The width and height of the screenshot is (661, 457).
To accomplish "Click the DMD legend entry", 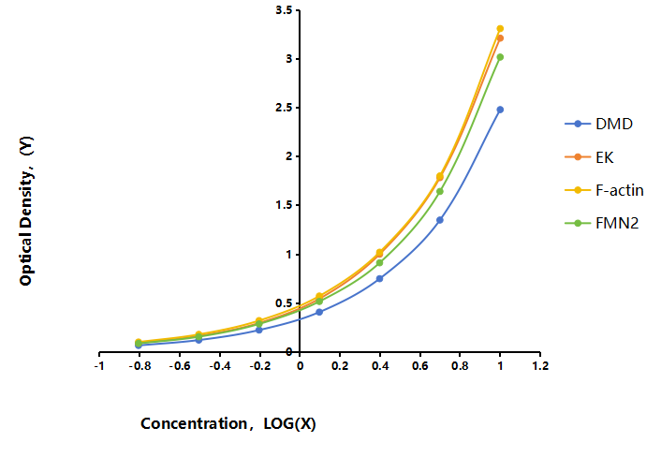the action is (x=599, y=124).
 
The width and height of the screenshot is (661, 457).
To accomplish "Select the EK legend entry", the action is (x=589, y=157).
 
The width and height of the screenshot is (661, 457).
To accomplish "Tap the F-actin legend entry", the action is (x=604, y=190).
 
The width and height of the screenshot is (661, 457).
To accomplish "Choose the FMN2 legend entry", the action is (x=602, y=223).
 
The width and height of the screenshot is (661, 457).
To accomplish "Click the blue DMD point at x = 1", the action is (x=500, y=110).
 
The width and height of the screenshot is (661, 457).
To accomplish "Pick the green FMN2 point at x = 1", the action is (x=500, y=57).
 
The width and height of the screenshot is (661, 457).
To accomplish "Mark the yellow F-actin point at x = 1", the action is (x=500, y=29).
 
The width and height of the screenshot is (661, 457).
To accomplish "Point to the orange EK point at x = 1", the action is (x=500, y=38).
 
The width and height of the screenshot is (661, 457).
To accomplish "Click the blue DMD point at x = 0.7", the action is (x=440, y=220).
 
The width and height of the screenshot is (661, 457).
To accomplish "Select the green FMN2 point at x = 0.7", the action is (x=440, y=191).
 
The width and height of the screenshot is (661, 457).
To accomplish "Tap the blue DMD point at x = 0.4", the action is (x=379, y=279).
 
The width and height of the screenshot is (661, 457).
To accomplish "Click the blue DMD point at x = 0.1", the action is (x=319, y=313).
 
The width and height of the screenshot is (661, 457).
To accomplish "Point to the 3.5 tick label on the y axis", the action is (x=284, y=10).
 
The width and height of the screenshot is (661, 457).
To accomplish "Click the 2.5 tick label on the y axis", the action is (x=284, y=108).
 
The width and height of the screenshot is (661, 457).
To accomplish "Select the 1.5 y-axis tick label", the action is (x=284, y=205).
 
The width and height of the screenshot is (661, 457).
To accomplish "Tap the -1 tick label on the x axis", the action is (x=99, y=366).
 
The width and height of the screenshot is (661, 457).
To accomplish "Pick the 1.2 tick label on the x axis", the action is (x=540, y=366).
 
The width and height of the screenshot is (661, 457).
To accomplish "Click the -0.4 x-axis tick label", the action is (x=220, y=366).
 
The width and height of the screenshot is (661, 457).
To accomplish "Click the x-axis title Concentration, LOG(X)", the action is (x=228, y=423).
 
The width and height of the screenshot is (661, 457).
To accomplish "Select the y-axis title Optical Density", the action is (x=26, y=211).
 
